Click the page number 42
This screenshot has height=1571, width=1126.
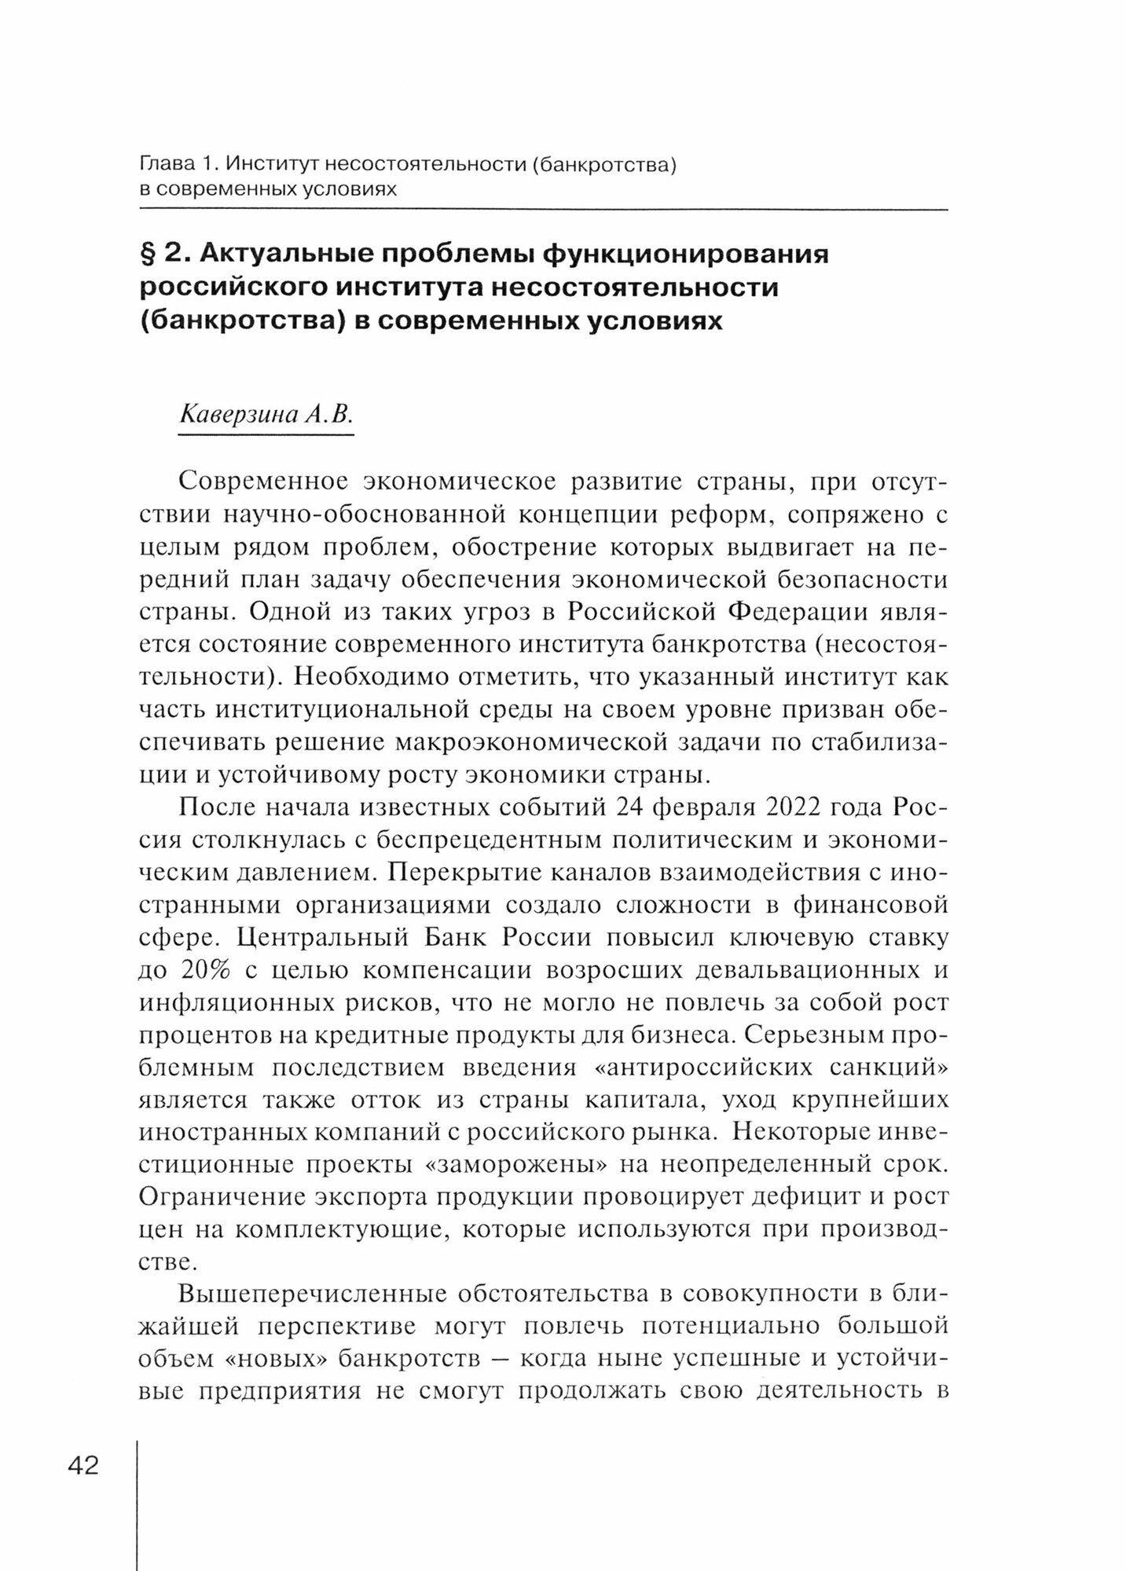83,1465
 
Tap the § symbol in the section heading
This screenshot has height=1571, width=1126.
149,255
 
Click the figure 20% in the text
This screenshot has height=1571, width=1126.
205,970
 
